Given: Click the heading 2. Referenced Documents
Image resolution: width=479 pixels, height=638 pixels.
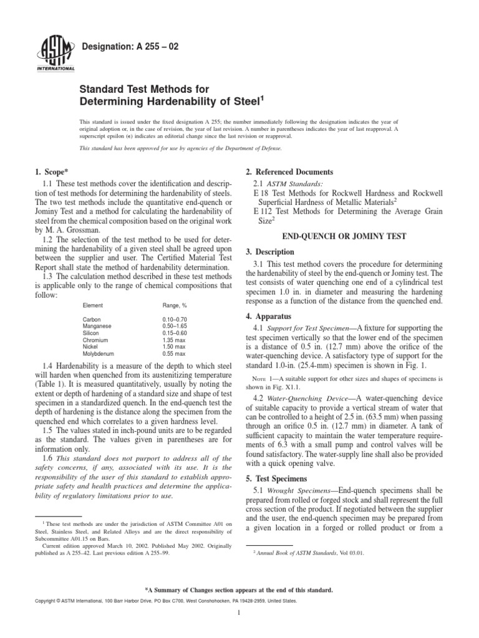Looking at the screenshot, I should (x=289, y=171).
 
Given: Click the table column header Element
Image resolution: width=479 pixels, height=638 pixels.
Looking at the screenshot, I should (x=93, y=306).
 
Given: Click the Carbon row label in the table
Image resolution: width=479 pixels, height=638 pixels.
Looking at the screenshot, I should (x=92, y=319).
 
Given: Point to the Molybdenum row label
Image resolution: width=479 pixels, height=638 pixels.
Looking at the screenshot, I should (x=98, y=353).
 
